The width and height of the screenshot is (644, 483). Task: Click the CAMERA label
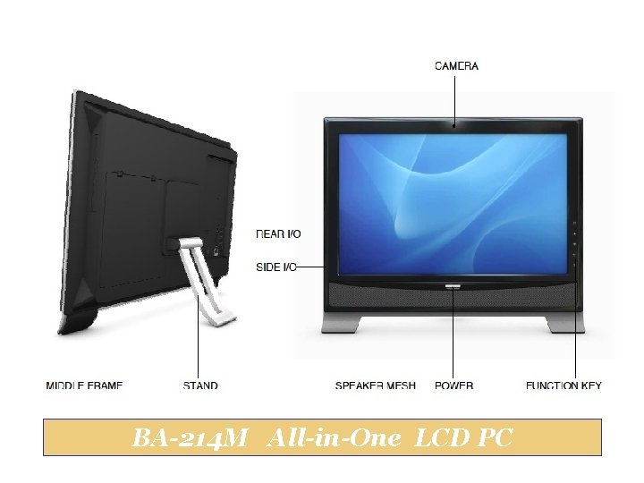point(456,66)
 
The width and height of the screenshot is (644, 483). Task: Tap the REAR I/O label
point(278,234)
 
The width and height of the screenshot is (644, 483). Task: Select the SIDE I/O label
point(275,267)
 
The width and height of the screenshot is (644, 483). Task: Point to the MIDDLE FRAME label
point(84,386)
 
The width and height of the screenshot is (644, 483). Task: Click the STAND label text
point(200,386)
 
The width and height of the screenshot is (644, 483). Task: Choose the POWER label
point(453,386)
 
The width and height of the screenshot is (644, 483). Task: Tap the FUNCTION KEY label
point(563,386)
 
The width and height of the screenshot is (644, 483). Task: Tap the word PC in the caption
point(496,439)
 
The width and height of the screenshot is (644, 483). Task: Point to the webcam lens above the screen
point(455,127)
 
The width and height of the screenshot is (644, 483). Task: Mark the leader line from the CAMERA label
point(455,98)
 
